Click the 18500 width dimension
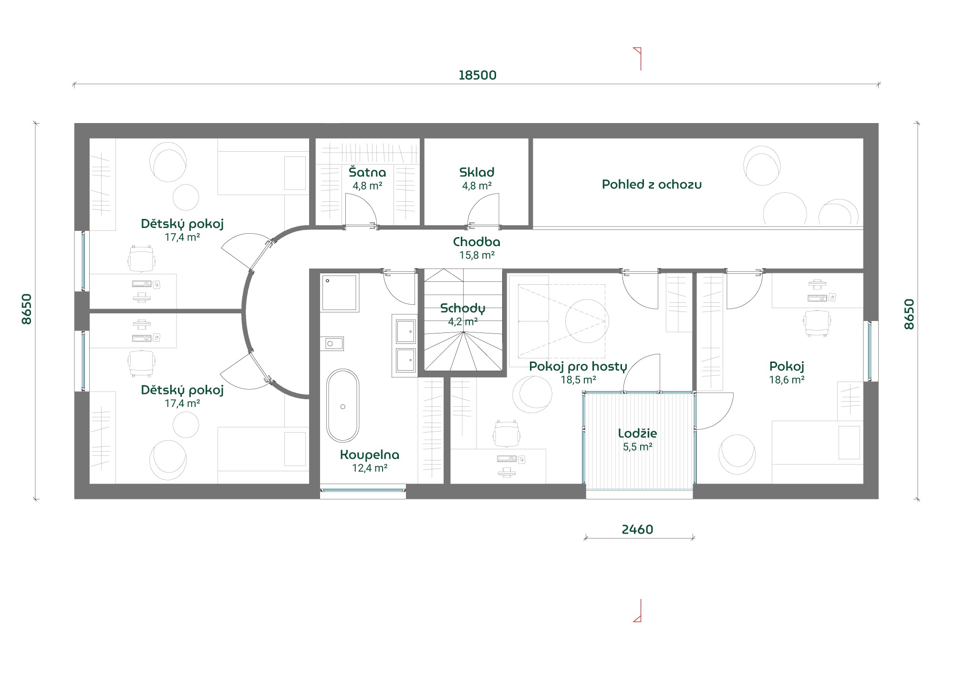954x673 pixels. (x=477, y=75)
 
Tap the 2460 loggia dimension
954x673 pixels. (x=637, y=529)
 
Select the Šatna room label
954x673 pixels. (x=367, y=172)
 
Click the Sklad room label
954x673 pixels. (x=477, y=172)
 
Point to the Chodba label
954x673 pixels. (x=477, y=242)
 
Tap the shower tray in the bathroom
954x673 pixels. (x=340, y=293)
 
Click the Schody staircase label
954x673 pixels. (x=463, y=309)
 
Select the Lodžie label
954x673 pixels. (x=637, y=434)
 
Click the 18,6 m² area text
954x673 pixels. (x=787, y=380)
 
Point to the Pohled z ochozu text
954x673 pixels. (x=652, y=185)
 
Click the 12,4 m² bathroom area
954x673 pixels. (x=370, y=468)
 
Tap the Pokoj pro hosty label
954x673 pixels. (x=578, y=367)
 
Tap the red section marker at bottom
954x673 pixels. (x=638, y=611)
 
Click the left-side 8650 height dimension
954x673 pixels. (x=27, y=309)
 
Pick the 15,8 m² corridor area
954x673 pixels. (x=477, y=255)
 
